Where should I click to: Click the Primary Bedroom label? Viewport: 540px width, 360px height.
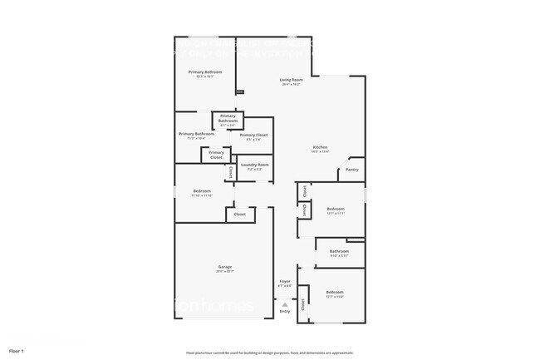(204, 72)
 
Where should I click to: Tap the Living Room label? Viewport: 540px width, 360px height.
(291, 80)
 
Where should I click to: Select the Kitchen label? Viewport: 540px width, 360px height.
(320, 147)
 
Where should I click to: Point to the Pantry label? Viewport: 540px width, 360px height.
(351, 170)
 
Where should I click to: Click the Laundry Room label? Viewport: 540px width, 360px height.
(254, 165)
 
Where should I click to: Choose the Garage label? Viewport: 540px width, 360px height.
(224, 266)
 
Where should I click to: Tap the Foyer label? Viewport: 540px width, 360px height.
(284, 282)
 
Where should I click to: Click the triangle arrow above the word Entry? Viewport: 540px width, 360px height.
(284, 305)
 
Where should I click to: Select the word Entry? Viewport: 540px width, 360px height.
(284, 312)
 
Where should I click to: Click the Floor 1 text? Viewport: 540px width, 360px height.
(17, 352)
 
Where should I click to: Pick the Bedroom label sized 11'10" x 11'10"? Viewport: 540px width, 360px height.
(202, 192)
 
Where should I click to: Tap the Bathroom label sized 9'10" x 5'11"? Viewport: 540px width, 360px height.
(339, 251)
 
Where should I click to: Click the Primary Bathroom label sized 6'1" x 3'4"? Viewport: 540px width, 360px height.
(228, 118)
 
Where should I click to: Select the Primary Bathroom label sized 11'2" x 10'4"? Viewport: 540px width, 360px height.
(197, 134)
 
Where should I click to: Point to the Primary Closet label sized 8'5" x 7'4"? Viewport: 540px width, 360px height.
(253, 135)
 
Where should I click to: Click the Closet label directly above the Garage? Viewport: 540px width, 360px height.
(239, 215)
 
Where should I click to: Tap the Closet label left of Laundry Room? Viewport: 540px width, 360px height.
(230, 172)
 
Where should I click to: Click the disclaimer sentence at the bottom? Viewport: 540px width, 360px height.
(270, 353)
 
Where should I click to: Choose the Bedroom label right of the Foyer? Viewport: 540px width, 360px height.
(335, 293)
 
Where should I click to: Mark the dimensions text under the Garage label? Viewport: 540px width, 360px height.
(224, 272)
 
